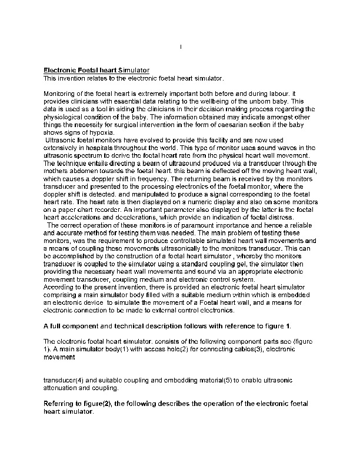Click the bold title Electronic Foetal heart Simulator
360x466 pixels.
click(x=97, y=70)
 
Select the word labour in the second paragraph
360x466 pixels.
click(x=274, y=94)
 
